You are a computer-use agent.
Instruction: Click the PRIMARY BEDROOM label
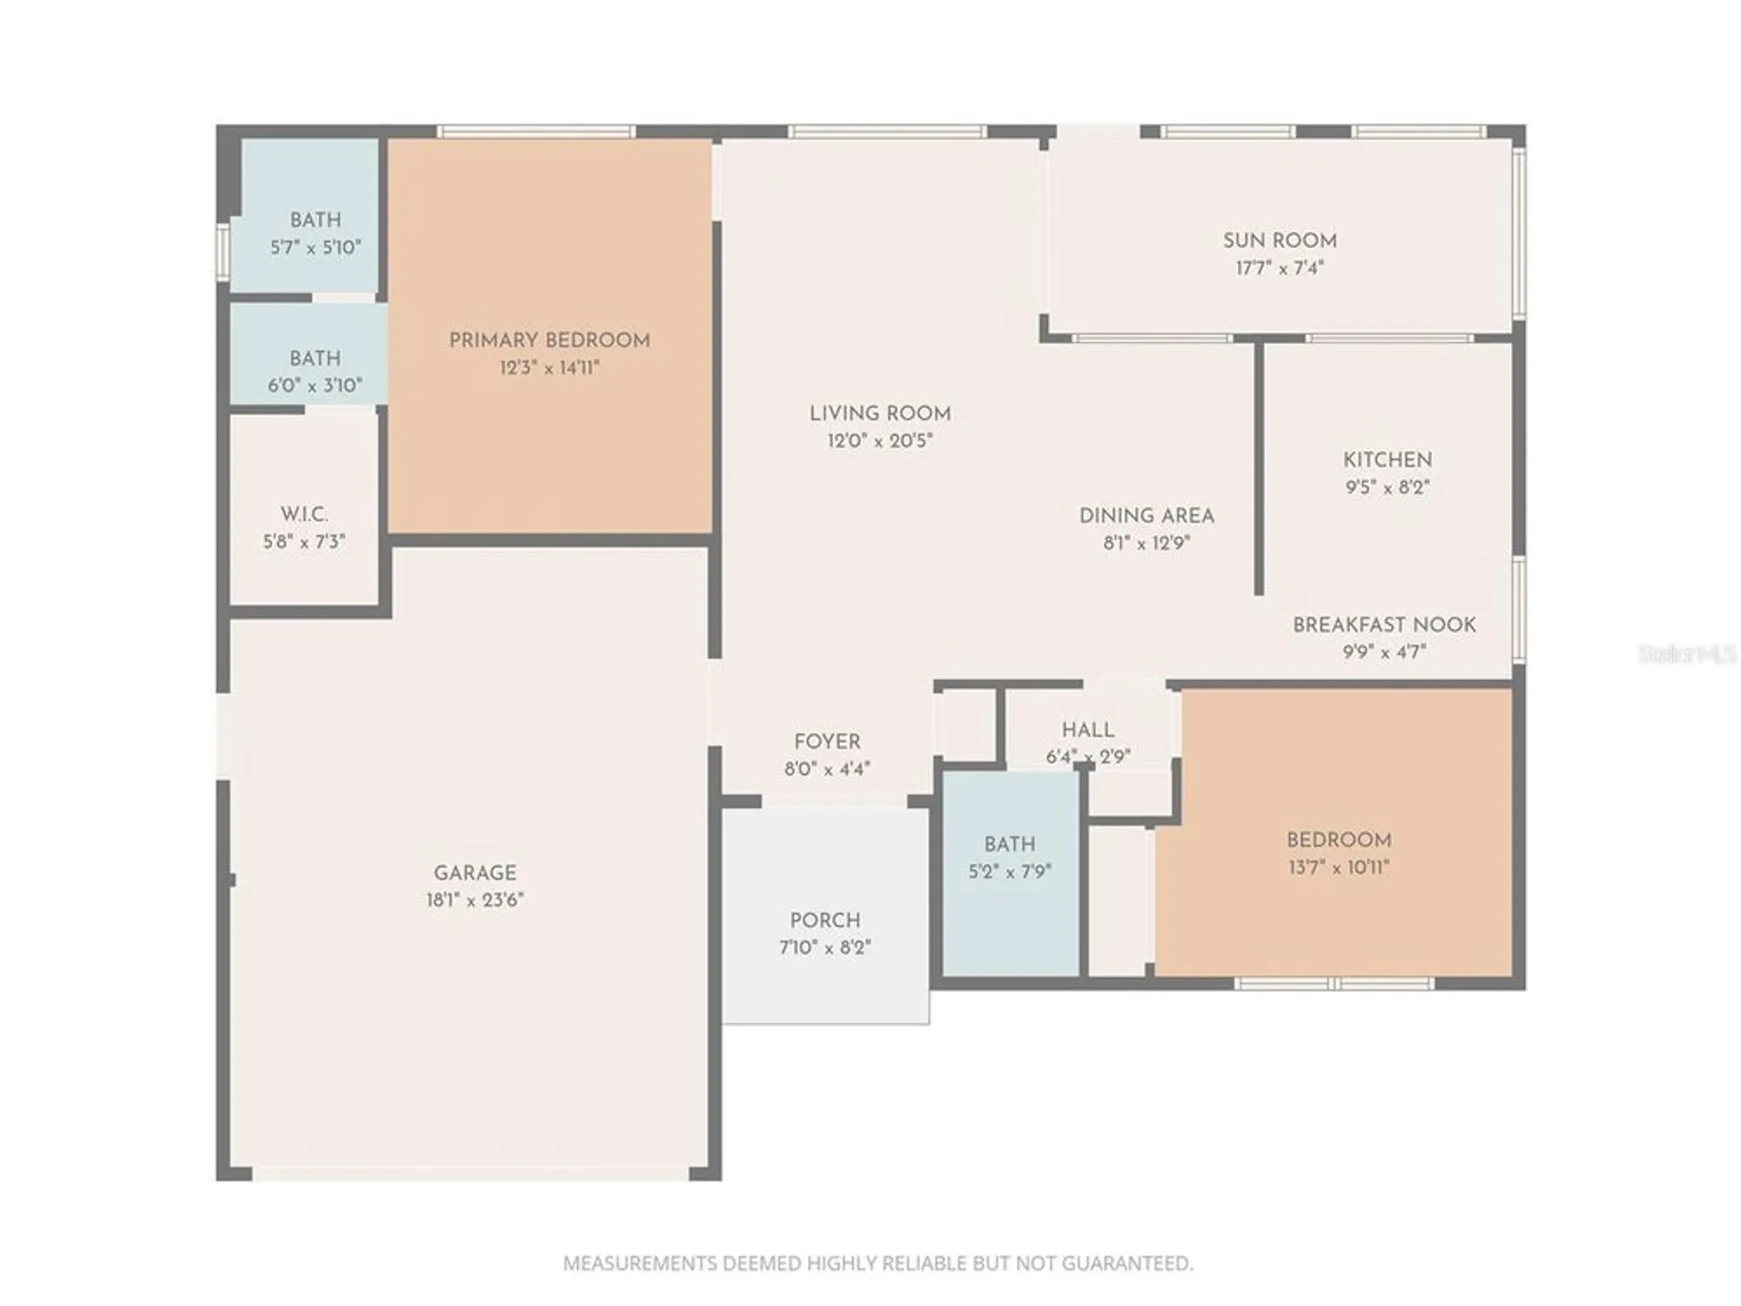point(549,340)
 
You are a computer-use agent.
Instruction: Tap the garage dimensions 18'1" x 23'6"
point(474,900)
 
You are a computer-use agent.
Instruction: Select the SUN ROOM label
point(1279,240)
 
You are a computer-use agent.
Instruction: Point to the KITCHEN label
point(1387,460)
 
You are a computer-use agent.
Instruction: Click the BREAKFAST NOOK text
point(1383,625)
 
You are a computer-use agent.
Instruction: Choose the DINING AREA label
point(1146,515)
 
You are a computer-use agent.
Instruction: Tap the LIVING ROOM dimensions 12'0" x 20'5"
point(879,441)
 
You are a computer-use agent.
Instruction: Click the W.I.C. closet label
point(304,514)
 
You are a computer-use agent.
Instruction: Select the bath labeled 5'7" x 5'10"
point(315,233)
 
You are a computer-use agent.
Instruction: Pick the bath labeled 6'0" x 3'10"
point(314,372)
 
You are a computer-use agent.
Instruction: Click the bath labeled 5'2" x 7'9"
point(1010,858)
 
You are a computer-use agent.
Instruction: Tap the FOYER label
point(826,742)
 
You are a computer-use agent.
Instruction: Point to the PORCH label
point(824,920)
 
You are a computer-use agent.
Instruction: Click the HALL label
point(1087,730)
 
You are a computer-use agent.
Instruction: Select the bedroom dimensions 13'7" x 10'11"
point(1338,867)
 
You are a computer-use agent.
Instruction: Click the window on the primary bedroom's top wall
point(536,131)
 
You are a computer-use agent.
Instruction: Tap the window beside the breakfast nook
point(1519,609)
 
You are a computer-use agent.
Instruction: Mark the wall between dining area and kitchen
point(1258,470)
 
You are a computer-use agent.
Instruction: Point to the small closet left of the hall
point(965,725)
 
